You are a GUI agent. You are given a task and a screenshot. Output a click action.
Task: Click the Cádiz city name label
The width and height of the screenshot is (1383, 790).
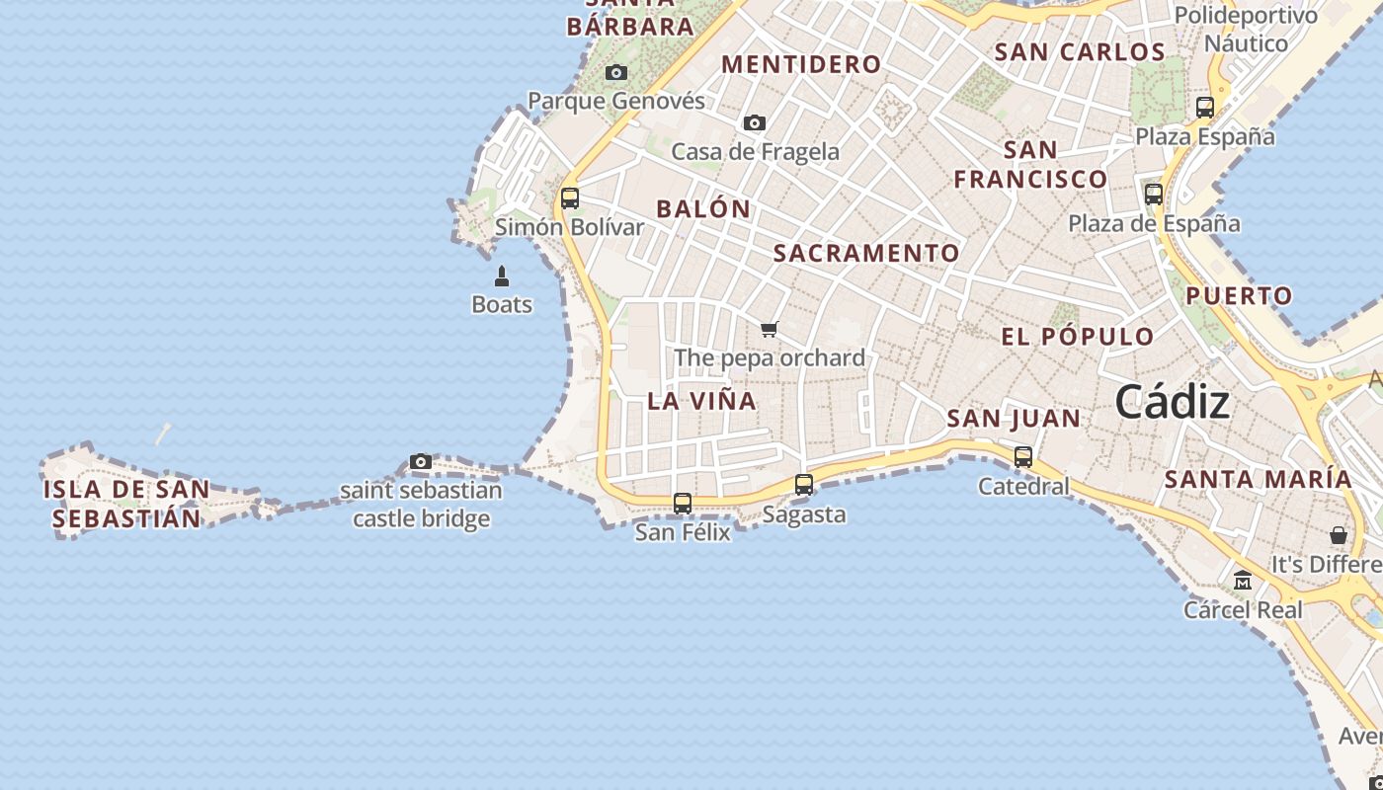pos(1173,403)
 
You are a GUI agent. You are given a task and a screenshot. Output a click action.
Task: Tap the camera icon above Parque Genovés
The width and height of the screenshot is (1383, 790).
pos(616,73)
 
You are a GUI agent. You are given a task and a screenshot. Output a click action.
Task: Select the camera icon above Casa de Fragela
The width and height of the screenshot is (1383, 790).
pos(755,123)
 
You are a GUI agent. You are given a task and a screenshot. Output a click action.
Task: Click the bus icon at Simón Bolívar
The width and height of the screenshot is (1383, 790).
pos(570,198)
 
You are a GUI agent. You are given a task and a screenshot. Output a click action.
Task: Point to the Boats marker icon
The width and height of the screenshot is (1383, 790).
pos(502,276)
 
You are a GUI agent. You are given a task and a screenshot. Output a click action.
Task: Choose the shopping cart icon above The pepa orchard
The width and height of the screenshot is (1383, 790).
pos(770,329)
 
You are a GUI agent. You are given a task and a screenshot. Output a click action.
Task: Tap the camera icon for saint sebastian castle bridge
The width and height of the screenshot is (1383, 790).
pos(421,461)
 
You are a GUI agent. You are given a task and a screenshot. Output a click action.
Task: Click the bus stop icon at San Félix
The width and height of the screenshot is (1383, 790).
pos(683,504)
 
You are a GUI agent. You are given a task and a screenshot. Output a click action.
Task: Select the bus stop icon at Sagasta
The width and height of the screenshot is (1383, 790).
pos(804,485)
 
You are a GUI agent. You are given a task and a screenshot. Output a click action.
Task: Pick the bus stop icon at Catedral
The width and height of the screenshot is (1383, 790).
pos(1023,457)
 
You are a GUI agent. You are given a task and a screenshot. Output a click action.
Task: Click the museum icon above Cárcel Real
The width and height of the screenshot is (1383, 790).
pos(1243,581)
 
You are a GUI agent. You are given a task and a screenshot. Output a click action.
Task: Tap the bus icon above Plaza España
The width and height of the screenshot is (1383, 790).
pos(1205,108)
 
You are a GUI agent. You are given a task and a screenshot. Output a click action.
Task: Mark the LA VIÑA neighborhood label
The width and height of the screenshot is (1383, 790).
pos(702,401)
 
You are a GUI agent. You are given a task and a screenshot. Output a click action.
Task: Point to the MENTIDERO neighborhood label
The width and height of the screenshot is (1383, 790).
pos(801,64)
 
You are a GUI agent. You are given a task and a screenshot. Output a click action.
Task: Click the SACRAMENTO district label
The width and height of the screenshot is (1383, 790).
pos(866,253)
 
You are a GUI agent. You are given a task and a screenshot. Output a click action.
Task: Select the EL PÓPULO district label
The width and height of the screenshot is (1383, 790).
pos(1078,336)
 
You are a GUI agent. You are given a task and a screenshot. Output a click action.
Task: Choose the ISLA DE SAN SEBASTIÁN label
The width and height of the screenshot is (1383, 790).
pos(126,504)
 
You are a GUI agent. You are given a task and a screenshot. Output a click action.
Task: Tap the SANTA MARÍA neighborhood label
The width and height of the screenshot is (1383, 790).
pos(1259,479)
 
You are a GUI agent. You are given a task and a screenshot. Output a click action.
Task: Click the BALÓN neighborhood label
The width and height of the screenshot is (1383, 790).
pos(703,209)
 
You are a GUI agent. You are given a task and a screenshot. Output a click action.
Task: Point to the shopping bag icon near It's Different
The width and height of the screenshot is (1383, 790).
pos(1339,535)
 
